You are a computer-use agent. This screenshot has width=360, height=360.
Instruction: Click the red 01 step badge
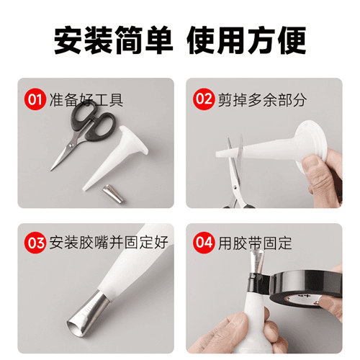click(x=35, y=99)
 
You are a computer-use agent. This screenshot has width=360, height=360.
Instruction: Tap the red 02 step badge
click(x=204, y=99)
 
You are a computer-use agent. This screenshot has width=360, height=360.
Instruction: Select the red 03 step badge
click(x=35, y=243)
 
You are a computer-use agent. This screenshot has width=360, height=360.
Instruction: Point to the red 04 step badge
click(x=204, y=243)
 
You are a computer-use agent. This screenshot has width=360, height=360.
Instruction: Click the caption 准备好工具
click(x=86, y=99)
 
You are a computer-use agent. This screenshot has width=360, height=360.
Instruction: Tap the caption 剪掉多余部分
click(x=262, y=99)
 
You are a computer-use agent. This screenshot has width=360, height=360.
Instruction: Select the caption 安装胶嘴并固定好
click(x=109, y=243)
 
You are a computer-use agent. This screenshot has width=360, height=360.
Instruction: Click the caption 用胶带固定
click(x=255, y=243)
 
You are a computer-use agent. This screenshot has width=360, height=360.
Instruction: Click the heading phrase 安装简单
click(x=113, y=40)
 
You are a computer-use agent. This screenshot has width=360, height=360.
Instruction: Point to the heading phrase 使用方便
click(x=246, y=40)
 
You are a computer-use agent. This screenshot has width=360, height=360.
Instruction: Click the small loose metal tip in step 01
click(x=113, y=194)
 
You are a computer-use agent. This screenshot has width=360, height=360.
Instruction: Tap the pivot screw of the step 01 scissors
click(x=71, y=145)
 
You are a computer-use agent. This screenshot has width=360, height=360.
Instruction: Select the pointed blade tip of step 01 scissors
click(x=50, y=170)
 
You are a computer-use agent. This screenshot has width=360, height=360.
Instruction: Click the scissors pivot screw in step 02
click(x=235, y=186)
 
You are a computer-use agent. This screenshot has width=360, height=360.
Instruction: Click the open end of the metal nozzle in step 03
click(x=77, y=328)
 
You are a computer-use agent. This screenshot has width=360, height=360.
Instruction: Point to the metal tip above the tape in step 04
click(x=257, y=261)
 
